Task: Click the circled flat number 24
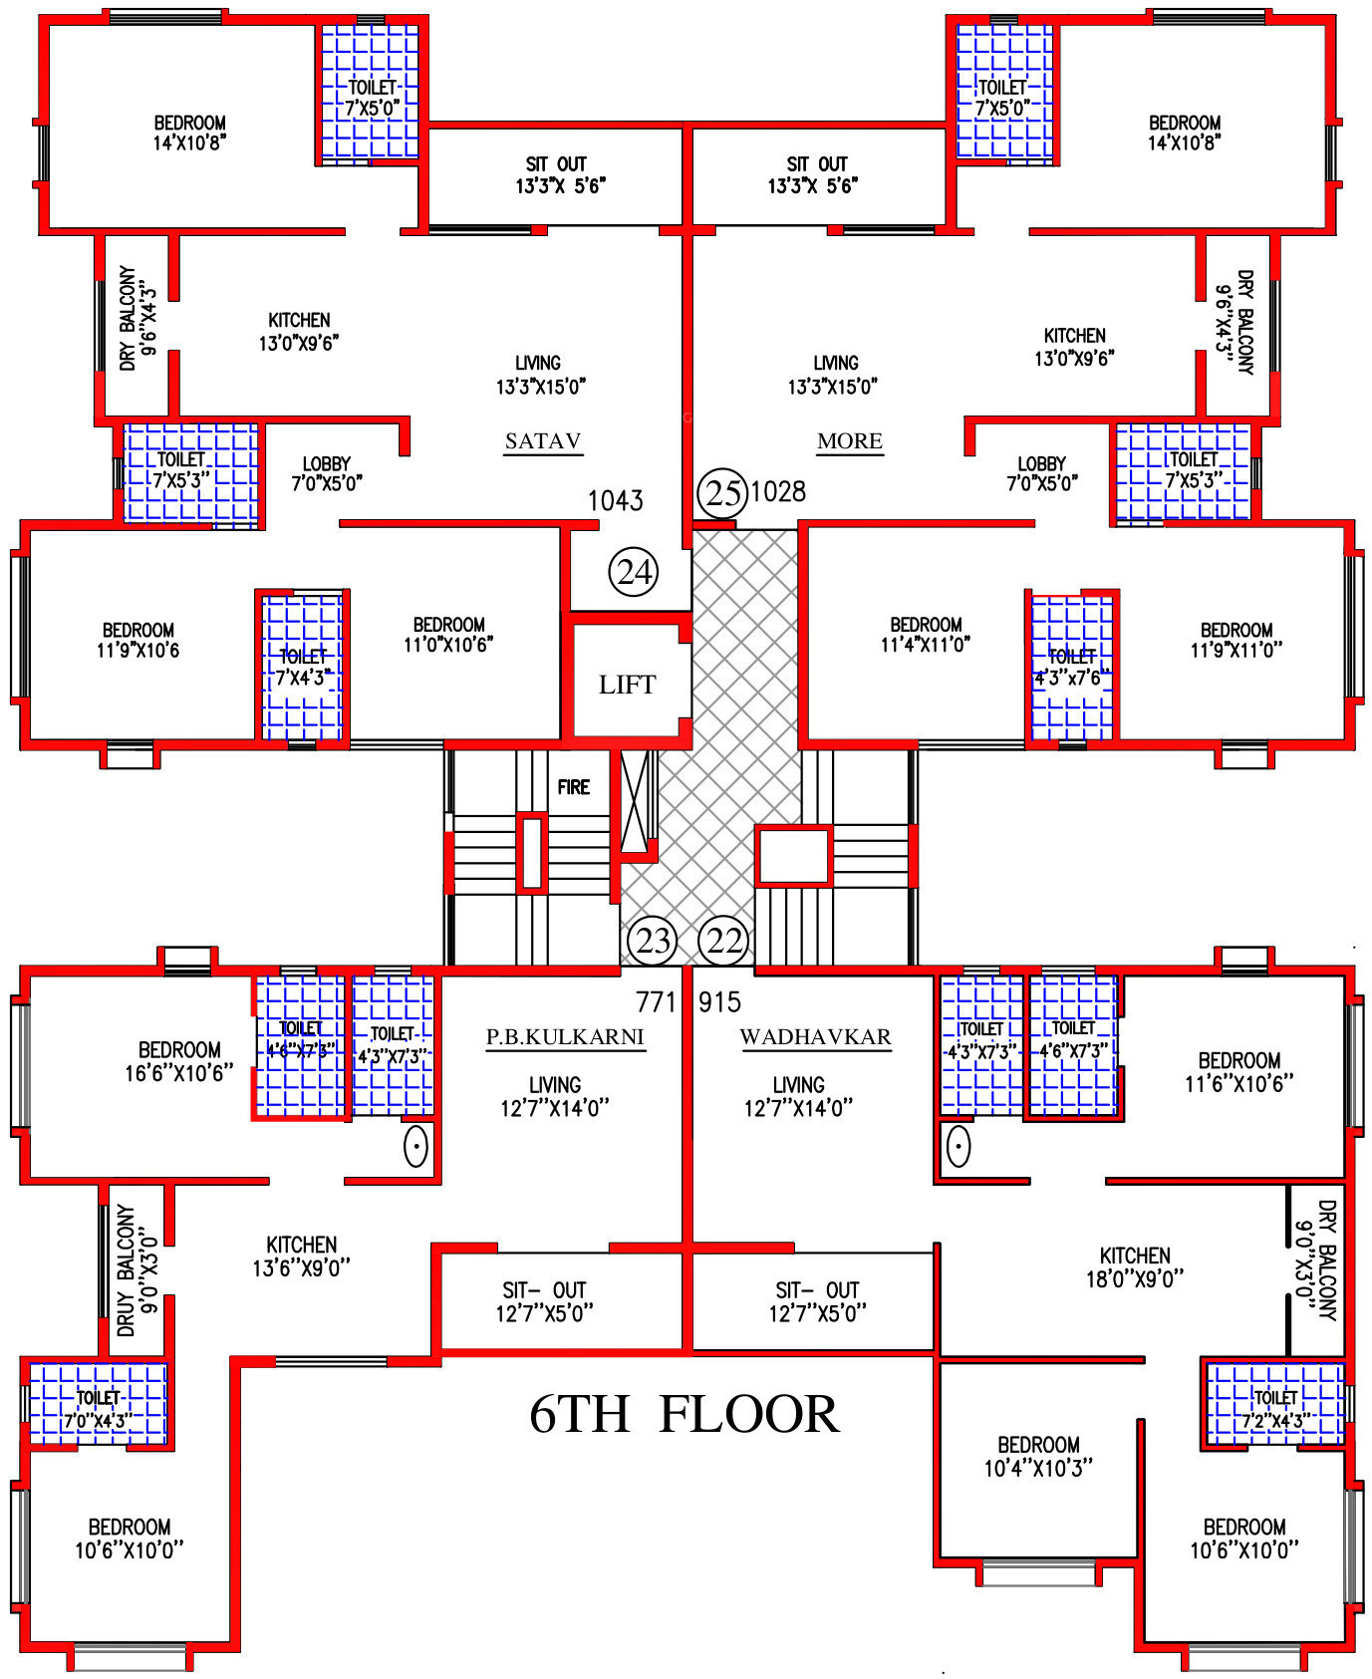point(634,572)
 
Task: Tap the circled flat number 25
point(722,492)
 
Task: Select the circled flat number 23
point(653,941)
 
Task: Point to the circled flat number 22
point(724,941)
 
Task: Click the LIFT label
point(627,685)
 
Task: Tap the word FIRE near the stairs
point(574,787)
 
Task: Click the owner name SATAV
point(543,440)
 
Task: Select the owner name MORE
point(850,440)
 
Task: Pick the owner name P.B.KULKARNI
point(565,1036)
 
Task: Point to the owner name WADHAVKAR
point(815,1036)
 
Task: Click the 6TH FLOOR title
point(685,1414)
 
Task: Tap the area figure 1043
point(616,500)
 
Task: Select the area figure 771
point(656,1001)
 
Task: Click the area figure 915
point(719,1001)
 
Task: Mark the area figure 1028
point(778,491)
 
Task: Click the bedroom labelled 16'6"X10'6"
point(179,1061)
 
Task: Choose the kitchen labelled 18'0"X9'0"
point(1135,1266)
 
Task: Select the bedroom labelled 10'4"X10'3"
point(1038,1456)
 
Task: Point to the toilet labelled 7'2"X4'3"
point(1275,1409)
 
